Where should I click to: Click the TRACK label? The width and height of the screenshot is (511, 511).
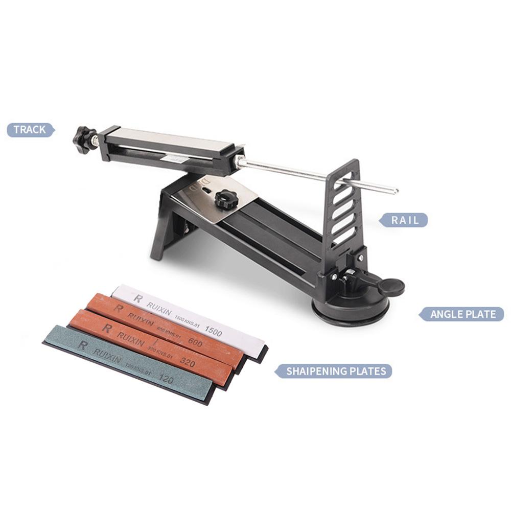30,130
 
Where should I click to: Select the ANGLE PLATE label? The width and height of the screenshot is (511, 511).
463,314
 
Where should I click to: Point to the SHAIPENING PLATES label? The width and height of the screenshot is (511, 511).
335,371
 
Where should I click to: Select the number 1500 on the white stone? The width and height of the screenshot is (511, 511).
213,331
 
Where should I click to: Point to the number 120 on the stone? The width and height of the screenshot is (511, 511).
165,379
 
